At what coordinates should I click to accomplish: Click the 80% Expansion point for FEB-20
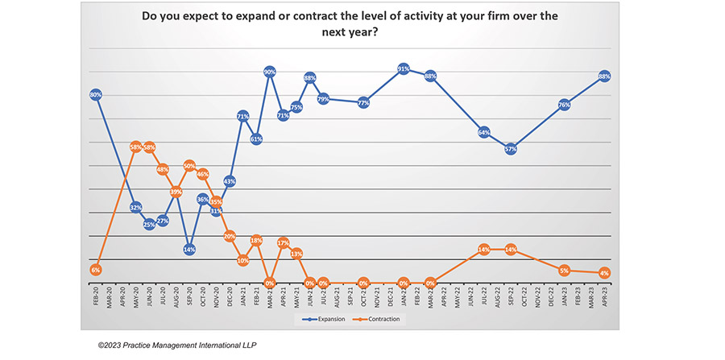tap(96, 95)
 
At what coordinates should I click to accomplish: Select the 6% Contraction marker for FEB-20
tap(96, 270)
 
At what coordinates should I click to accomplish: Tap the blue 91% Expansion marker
tap(404, 69)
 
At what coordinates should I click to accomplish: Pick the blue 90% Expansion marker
tap(270, 72)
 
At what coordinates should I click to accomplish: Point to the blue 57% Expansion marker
tap(511, 149)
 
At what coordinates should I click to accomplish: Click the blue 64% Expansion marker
tap(484, 132)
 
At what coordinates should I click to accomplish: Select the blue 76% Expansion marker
tap(564, 105)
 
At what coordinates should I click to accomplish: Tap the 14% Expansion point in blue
tap(189, 250)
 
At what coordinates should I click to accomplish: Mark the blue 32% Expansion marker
tap(136, 208)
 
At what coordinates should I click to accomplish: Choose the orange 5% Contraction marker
tap(564, 271)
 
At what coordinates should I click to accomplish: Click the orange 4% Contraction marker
tap(604, 273)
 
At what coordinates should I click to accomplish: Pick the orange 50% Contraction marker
tap(189, 165)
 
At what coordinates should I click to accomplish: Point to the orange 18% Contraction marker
tap(256, 240)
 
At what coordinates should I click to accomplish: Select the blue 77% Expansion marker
tap(363, 103)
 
